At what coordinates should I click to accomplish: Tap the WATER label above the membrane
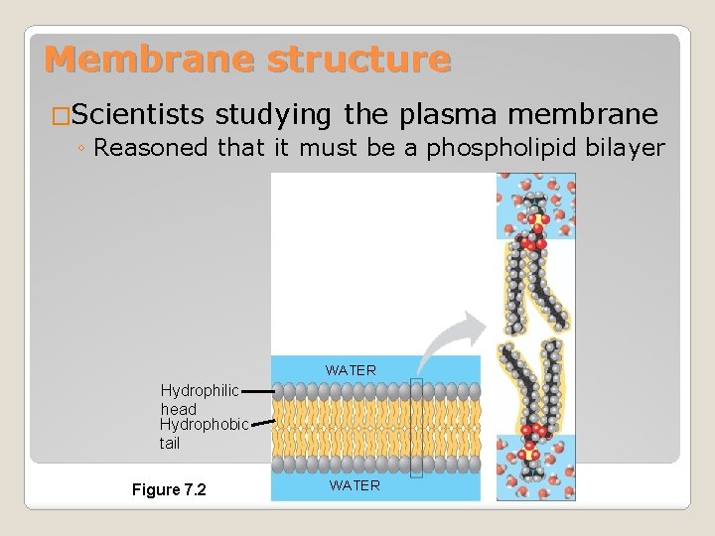point(351,370)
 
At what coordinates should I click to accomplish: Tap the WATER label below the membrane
point(355,485)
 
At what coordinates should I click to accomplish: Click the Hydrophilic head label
point(199,399)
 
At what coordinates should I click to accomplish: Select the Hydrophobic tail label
point(204,434)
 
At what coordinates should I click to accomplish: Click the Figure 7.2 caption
point(169,489)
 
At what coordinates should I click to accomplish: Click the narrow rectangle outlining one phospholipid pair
point(416,428)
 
